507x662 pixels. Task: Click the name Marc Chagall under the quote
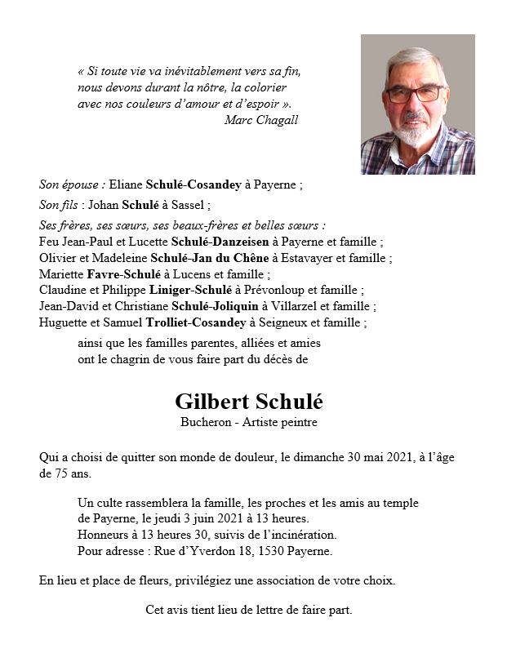click(x=260, y=120)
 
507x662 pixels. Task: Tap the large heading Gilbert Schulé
click(x=249, y=402)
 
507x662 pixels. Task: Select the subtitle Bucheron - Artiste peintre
click(x=249, y=423)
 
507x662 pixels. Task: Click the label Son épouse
click(x=70, y=185)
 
